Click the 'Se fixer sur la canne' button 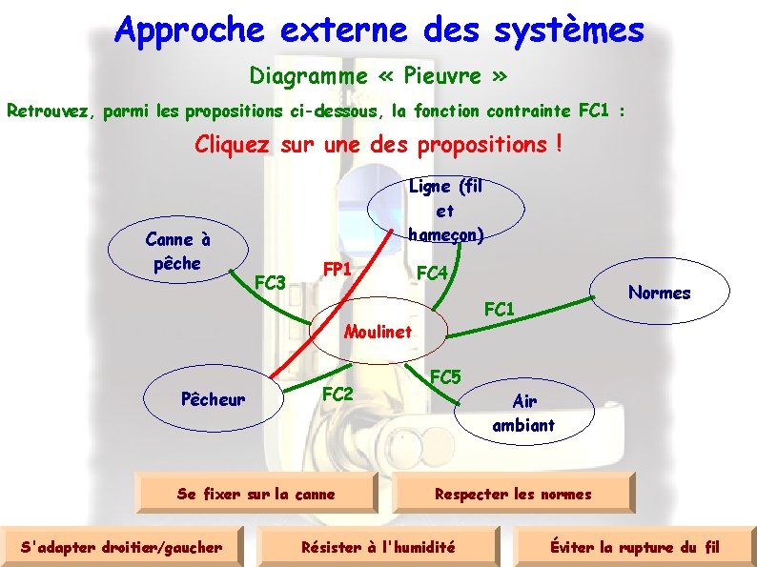pos(256,494)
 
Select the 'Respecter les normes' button pos(512,494)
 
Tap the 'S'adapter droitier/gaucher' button pos(121,547)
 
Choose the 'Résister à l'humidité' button pos(378,547)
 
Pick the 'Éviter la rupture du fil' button pos(634,547)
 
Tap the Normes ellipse pos(660,293)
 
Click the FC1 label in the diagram pos(500,309)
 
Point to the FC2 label pos(338,394)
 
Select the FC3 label pos(271,282)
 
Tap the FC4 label pos(433,273)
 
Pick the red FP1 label pos(338,269)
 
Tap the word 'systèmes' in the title pos(569,30)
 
